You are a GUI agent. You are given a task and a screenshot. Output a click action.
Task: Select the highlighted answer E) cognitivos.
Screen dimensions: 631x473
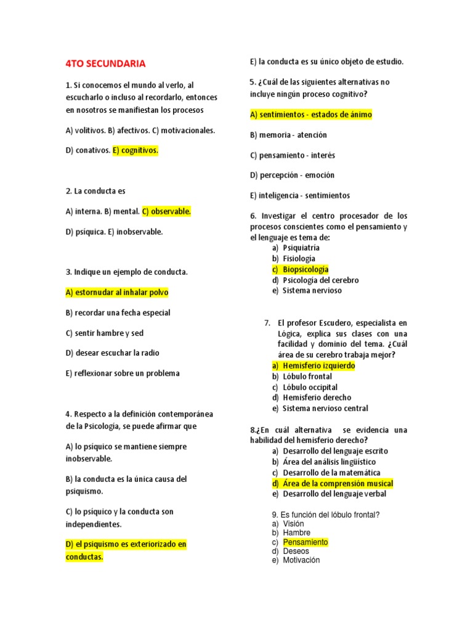coord(135,150)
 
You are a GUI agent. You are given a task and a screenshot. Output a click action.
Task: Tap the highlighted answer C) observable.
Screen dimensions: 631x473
coord(166,211)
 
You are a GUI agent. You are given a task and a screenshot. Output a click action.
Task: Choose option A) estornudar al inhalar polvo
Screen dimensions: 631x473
coord(116,292)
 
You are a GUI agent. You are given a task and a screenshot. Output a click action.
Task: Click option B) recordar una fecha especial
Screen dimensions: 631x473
coord(117,312)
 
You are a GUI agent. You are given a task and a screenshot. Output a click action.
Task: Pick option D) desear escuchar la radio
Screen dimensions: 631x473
coord(112,353)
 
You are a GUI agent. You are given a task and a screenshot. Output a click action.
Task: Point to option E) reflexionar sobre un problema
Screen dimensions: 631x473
coord(122,373)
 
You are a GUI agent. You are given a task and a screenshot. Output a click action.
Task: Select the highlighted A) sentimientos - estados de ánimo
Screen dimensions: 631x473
coord(311,115)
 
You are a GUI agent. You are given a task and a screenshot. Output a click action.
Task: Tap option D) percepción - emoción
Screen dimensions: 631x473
coord(292,175)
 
